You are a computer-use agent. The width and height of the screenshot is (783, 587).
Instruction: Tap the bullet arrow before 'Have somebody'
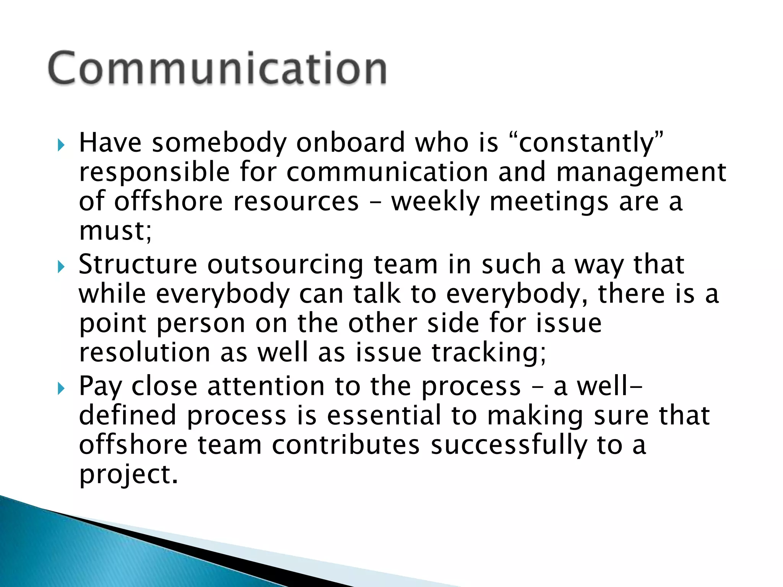point(61,145)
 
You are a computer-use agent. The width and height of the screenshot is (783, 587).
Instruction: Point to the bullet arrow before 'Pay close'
point(61,389)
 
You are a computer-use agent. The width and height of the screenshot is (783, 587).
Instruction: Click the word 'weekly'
point(435,201)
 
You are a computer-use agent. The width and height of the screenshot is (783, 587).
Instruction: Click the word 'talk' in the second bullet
point(377,294)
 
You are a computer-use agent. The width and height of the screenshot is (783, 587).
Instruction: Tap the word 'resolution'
point(145,352)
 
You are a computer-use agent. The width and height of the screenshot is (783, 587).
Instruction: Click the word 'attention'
point(266,386)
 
